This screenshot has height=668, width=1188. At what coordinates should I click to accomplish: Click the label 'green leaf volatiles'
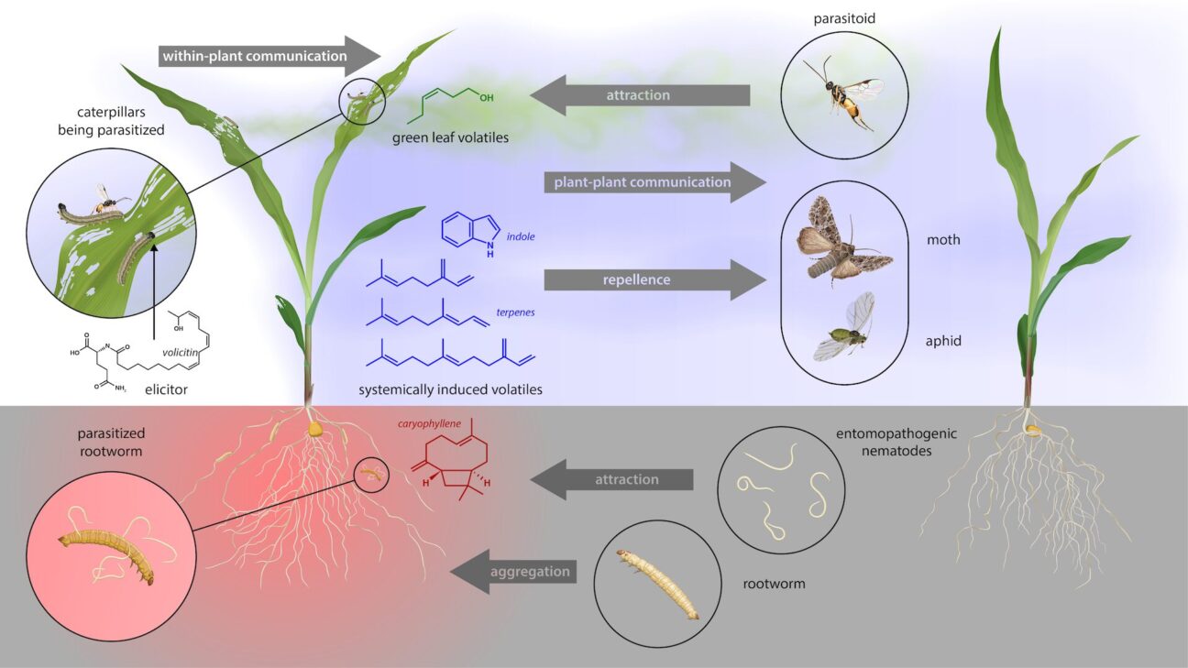pos(450,138)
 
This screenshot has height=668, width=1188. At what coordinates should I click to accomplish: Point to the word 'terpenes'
pos(517,312)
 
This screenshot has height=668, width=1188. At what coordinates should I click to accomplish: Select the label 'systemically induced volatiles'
pos(450,389)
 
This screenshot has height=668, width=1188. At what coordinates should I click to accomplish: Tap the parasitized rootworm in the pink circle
pos(108,555)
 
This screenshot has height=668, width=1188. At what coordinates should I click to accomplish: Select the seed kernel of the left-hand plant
pos(314,427)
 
